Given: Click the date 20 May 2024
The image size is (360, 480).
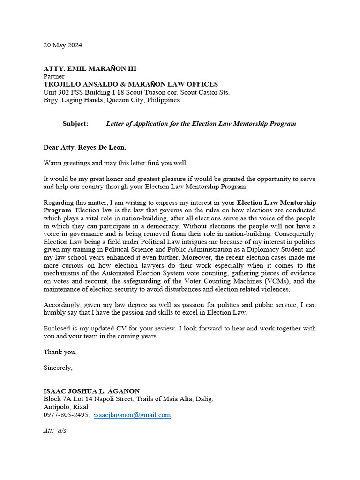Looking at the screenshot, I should pyautogui.click(x=63, y=45).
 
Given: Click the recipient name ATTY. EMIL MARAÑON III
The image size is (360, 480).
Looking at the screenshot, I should pyautogui.click(x=90, y=69).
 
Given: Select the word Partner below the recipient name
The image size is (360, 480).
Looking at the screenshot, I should pyautogui.click(x=54, y=76).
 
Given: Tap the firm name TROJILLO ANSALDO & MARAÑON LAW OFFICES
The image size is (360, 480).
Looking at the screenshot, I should pyautogui.click(x=131, y=84).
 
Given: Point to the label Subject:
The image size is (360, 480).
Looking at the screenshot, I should pyautogui.click(x=75, y=124).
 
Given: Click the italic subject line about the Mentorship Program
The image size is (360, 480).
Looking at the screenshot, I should pyautogui.click(x=201, y=124).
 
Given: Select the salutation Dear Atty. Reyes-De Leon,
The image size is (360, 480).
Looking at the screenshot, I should pyautogui.click(x=85, y=147).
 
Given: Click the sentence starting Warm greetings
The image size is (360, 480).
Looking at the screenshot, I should pyautogui.click(x=115, y=163).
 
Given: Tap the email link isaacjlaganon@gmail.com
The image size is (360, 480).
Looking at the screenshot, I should pyautogui.click(x=132, y=415).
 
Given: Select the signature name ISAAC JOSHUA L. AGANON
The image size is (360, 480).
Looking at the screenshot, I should pyautogui.click(x=91, y=391).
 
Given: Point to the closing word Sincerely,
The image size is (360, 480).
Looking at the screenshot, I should pyautogui.click(x=58, y=367).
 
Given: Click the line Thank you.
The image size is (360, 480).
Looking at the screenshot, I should pyautogui.click(x=60, y=352).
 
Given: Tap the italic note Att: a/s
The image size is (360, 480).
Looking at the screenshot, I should pyautogui.click(x=55, y=430).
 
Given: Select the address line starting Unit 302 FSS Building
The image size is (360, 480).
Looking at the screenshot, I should pyautogui.click(x=136, y=92).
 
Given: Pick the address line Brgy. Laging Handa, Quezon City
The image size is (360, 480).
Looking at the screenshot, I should pyautogui.click(x=112, y=100).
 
